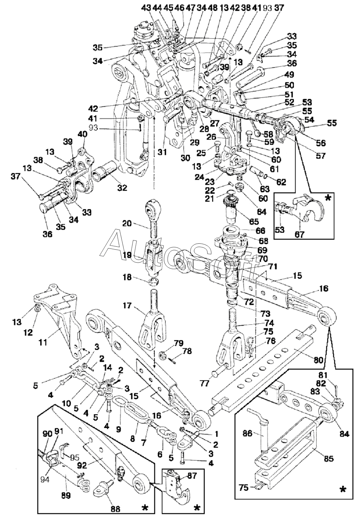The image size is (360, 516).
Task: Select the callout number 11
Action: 43,342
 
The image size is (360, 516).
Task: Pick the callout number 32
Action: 122,188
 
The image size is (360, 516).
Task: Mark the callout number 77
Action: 205,384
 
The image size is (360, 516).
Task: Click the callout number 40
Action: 83,134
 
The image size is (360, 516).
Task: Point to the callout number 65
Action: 253,222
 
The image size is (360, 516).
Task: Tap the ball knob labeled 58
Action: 258,133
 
